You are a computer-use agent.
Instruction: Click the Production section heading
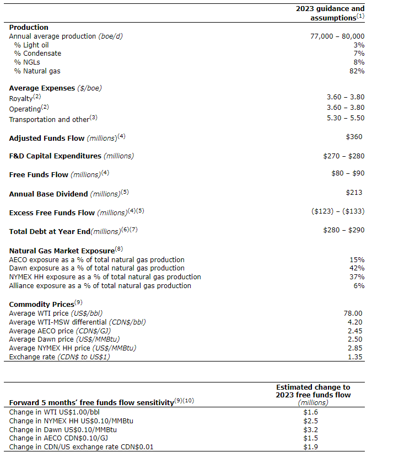pos(29,27)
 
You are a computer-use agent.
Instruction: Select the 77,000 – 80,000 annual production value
pos(337,36)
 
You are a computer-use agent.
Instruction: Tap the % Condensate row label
pos(37,54)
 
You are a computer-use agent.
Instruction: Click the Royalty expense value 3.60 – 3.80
pos(346,97)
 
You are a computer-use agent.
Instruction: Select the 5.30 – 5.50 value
pos(346,118)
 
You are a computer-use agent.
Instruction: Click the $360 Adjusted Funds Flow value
pos(354,137)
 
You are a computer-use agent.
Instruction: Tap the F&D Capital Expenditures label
pos(55,156)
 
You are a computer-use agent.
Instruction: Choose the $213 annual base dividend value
pos(354,192)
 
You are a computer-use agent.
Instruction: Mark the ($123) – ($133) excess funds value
pos(338,211)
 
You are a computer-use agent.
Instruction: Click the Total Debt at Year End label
pos(50,231)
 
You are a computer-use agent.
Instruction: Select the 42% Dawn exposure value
pos(357,268)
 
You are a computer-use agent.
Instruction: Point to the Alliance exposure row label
pos(100,286)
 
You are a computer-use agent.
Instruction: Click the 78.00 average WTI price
pos(353,313)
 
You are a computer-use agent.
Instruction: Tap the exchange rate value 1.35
pos(355,357)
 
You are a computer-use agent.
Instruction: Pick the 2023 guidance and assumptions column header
pos(330,13)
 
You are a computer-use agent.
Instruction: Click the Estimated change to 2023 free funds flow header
pos(312,391)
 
